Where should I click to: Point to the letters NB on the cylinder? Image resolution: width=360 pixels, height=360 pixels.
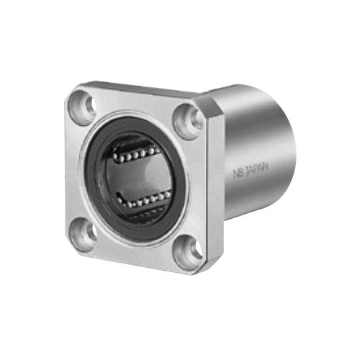(x=238, y=173)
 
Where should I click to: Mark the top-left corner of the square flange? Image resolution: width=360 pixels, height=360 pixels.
(x=76, y=91)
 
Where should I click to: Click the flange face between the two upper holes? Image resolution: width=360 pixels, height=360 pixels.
(x=137, y=101)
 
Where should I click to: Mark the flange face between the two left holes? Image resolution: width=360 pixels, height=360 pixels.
(x=79, y=169)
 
